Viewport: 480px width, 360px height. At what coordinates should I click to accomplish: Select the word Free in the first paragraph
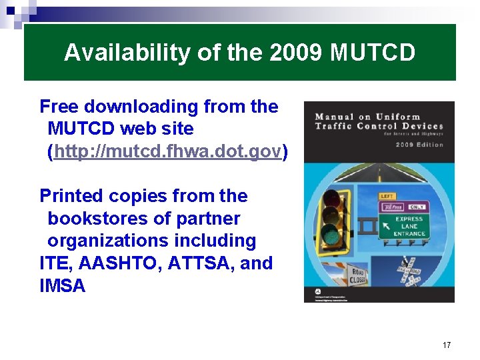click(x=61, y=107)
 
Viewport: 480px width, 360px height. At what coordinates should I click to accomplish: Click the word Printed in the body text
click(x=71, y=196)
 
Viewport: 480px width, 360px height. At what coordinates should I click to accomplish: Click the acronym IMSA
click(x=63, y=286)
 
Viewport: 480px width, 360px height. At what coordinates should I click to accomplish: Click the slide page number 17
click(x=447, y=345)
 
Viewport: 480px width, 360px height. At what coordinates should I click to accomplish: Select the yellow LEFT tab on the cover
click(x=387, y=197)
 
